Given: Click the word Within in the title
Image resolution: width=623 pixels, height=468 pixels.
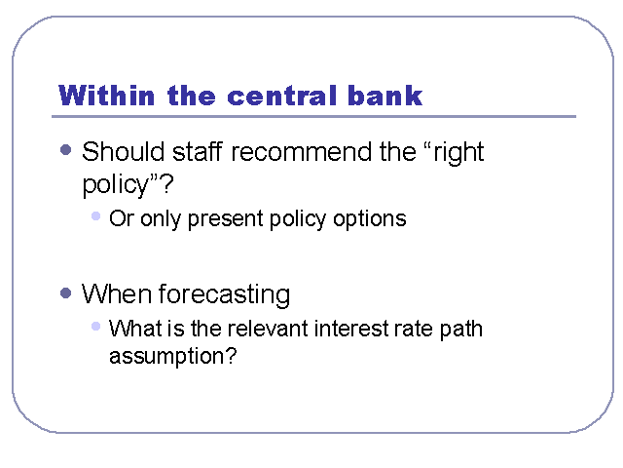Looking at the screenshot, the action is click(x=106, y=96).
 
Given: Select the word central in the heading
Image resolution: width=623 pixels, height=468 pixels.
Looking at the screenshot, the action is click(x=282, y=96).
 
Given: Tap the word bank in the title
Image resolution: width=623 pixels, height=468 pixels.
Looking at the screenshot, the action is click(x=385, y=96).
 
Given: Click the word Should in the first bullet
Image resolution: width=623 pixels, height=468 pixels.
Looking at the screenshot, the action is click(x=124, y=152).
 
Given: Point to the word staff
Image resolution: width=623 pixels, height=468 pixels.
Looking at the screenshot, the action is click(x=197, y=152).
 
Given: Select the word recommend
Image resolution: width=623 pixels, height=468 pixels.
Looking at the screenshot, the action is click(x=302, y=152).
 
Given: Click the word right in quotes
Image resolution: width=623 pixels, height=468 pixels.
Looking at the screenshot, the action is click(x=458, y=153).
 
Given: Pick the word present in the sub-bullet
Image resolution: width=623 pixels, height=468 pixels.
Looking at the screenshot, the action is click(x=225, y=218).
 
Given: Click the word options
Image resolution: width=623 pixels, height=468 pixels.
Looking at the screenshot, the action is click(x=370, y=218).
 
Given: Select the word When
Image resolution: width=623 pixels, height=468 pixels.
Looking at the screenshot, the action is click(x=117, y=293).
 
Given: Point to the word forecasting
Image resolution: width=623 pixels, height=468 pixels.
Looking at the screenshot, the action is click(x=225, y=294).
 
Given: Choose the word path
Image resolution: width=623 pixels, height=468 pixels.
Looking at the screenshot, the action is click(x=460, y=330).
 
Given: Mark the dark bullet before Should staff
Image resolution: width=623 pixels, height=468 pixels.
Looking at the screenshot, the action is click(x=65, y=150).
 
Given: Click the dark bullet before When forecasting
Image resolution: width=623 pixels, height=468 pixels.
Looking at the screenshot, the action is click(x=65, y=293).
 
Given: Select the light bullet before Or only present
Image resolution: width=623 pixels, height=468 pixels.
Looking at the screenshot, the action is click(x=95, y=216).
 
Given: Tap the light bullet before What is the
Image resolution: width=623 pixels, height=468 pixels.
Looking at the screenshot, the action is click(x=95, y=327).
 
